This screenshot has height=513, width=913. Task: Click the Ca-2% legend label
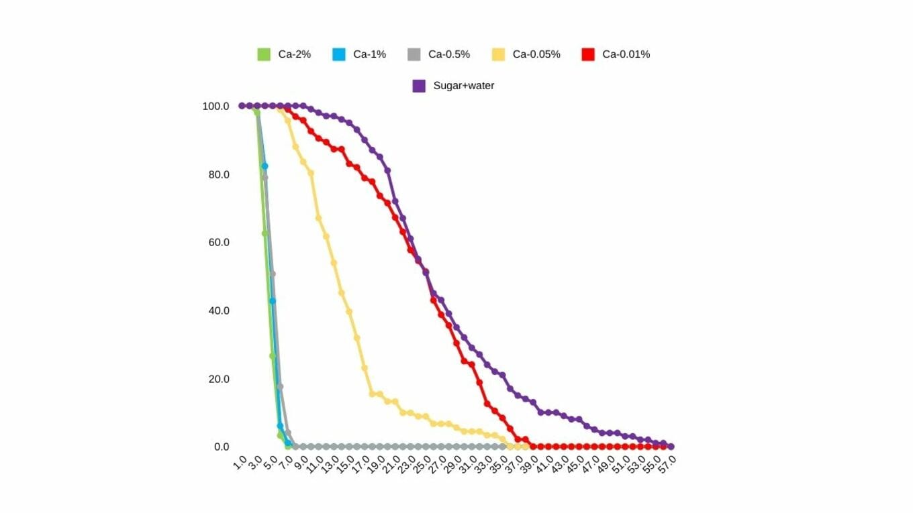pyautogui.click(x=294, y=54)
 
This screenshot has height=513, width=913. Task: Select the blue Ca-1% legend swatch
pyautogui.click(x=338, y=54)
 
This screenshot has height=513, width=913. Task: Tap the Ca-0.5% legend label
pyautogui.click(x=448, y=54)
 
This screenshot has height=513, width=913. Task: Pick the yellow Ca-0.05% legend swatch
pyautogui.click(x=498, y=54)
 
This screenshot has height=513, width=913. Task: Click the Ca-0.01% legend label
pyautogui.click(x=626, y=54)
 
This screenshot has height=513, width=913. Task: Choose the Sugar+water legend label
pyautogui.click(x=463, y=86)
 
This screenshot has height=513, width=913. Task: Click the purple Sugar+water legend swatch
pyautogui.click(x=419, y=86)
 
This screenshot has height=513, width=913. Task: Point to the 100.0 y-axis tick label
pyautogui.click(x=215, y=106)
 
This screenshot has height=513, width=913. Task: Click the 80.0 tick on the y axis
pyautogui.click(x=218, y=174)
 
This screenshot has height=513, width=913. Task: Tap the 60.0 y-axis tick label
pyautogui.click(x=218, y=242)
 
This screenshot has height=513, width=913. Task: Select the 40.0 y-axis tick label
pyautogui.click(x=218, y=310)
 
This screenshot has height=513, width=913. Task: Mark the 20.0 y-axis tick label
pyautogui.click(x=218, y=379)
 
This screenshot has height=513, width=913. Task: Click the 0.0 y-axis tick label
pyautogui.click(x=222, y=447)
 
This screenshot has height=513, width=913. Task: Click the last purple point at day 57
pyautogui.click(x=671, y=447)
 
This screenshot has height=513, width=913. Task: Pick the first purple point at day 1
pyautogui.click(x=242, y=106)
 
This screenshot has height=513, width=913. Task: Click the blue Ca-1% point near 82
pyautogui.click(x=265, y=166)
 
